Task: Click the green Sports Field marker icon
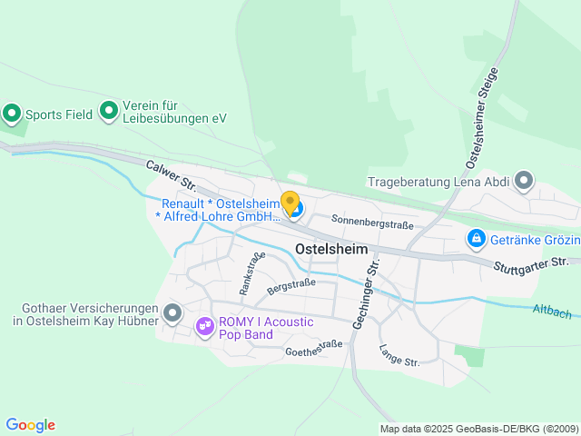[12, 114]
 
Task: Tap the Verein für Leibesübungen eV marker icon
[109, 111]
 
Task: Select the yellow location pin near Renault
[290, 202]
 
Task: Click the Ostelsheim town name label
[331, 249]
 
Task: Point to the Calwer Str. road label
[171, 175]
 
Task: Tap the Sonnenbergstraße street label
[372, 221]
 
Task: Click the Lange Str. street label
[399, 355]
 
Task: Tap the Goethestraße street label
[313, 347]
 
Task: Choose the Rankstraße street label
[251, 272]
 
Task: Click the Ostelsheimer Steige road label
[482, 117]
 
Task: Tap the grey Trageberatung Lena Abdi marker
[524, 182]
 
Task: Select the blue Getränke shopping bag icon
[475, 239]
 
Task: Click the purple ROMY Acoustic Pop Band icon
[204, 324]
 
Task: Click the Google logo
[30, 425]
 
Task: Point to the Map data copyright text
[478, 429]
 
